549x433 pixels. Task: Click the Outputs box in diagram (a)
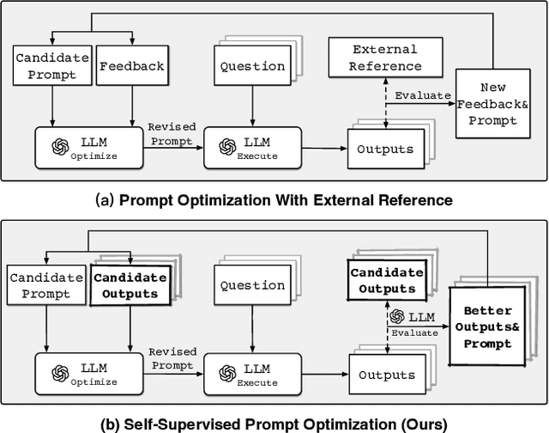pyautogui.click(x=385, y=149)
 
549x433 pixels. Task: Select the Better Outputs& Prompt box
pyautogui.click(x=486, y=326)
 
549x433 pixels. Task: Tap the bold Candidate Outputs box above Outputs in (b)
pyautogui.click(x=385, y=281)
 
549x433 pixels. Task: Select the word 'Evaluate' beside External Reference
pyautogui.click(x=422, y=95)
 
